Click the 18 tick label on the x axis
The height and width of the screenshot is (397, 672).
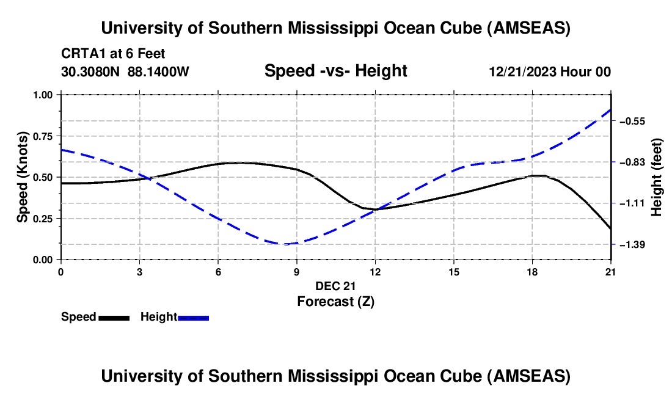tap(532, 272)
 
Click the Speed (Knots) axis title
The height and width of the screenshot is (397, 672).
tap(23, 177)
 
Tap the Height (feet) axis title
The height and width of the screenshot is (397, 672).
tap(657, 177)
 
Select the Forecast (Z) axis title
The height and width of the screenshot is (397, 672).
tap(335, 301)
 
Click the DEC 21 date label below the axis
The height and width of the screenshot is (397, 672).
tap(335, 286)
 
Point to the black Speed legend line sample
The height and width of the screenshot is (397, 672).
tap(114, 317)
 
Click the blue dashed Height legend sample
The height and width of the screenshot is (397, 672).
tap(193, 317)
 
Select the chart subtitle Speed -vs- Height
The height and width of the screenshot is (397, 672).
tap(335, 71)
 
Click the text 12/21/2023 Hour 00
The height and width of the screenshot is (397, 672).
tap(550, 72)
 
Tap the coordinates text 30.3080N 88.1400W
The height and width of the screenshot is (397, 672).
tap(125, 71)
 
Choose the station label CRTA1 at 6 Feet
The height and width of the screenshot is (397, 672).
tap(114, 54)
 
